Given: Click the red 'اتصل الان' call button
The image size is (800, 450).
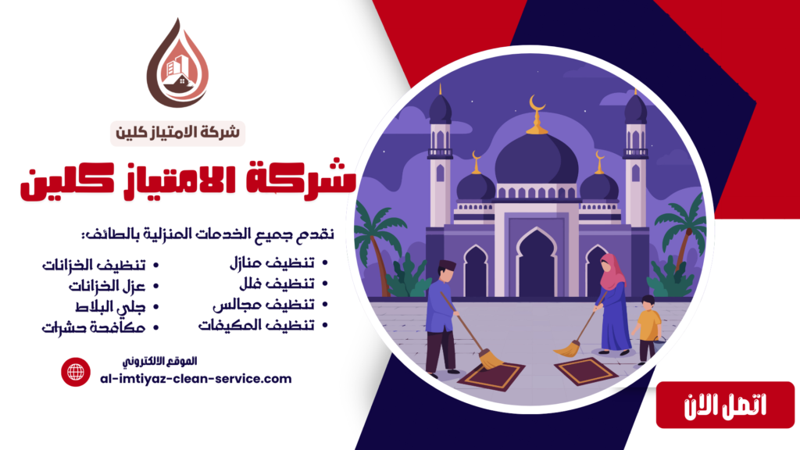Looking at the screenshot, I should [714, 405].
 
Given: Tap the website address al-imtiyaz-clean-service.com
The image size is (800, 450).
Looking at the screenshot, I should [196, 378].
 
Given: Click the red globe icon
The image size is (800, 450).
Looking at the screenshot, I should [77, 371].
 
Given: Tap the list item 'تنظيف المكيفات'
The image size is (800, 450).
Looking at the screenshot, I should [257, 326].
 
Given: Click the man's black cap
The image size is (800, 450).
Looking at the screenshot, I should [446, 265].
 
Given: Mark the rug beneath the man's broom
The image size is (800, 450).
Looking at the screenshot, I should [490, 377].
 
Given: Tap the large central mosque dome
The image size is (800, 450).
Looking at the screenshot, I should [536, 160].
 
